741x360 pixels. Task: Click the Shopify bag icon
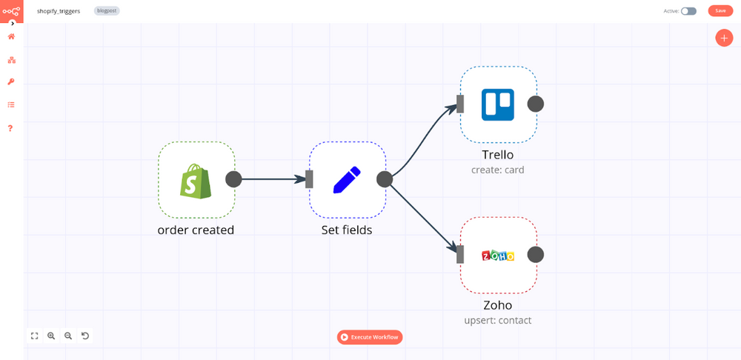click(x=196, y=180)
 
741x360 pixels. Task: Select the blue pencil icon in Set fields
click(x=347, y=180)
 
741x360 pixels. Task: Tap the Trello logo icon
click(x=498, y=104)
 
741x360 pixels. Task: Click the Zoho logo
click(x=498, y=256)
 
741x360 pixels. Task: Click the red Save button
click(x=720, y=11)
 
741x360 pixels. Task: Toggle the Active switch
click(x=688, y=11)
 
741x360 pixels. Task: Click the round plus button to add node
click(x=724, y=38)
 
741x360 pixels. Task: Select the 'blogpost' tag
click(x=107, y=11)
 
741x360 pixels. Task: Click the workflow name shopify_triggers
click(x=59, y=11)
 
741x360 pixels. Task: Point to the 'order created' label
click(x=196, y=230)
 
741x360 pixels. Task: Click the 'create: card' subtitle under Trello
click(x=498, y=170)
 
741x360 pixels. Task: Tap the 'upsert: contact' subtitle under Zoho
click(x=498, y=321)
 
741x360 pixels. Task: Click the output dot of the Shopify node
click(x=233, y=179)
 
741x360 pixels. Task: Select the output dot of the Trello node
click(x=535, y=104)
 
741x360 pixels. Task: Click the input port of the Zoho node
click(x=460, y=255)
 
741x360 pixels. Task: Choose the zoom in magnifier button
click(x=51, y=336)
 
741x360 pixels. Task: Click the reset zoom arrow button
click(x=85, y=336)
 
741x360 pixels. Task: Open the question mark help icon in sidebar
click(x=11, y=128)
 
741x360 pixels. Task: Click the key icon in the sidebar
click(x=11, y=82)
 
